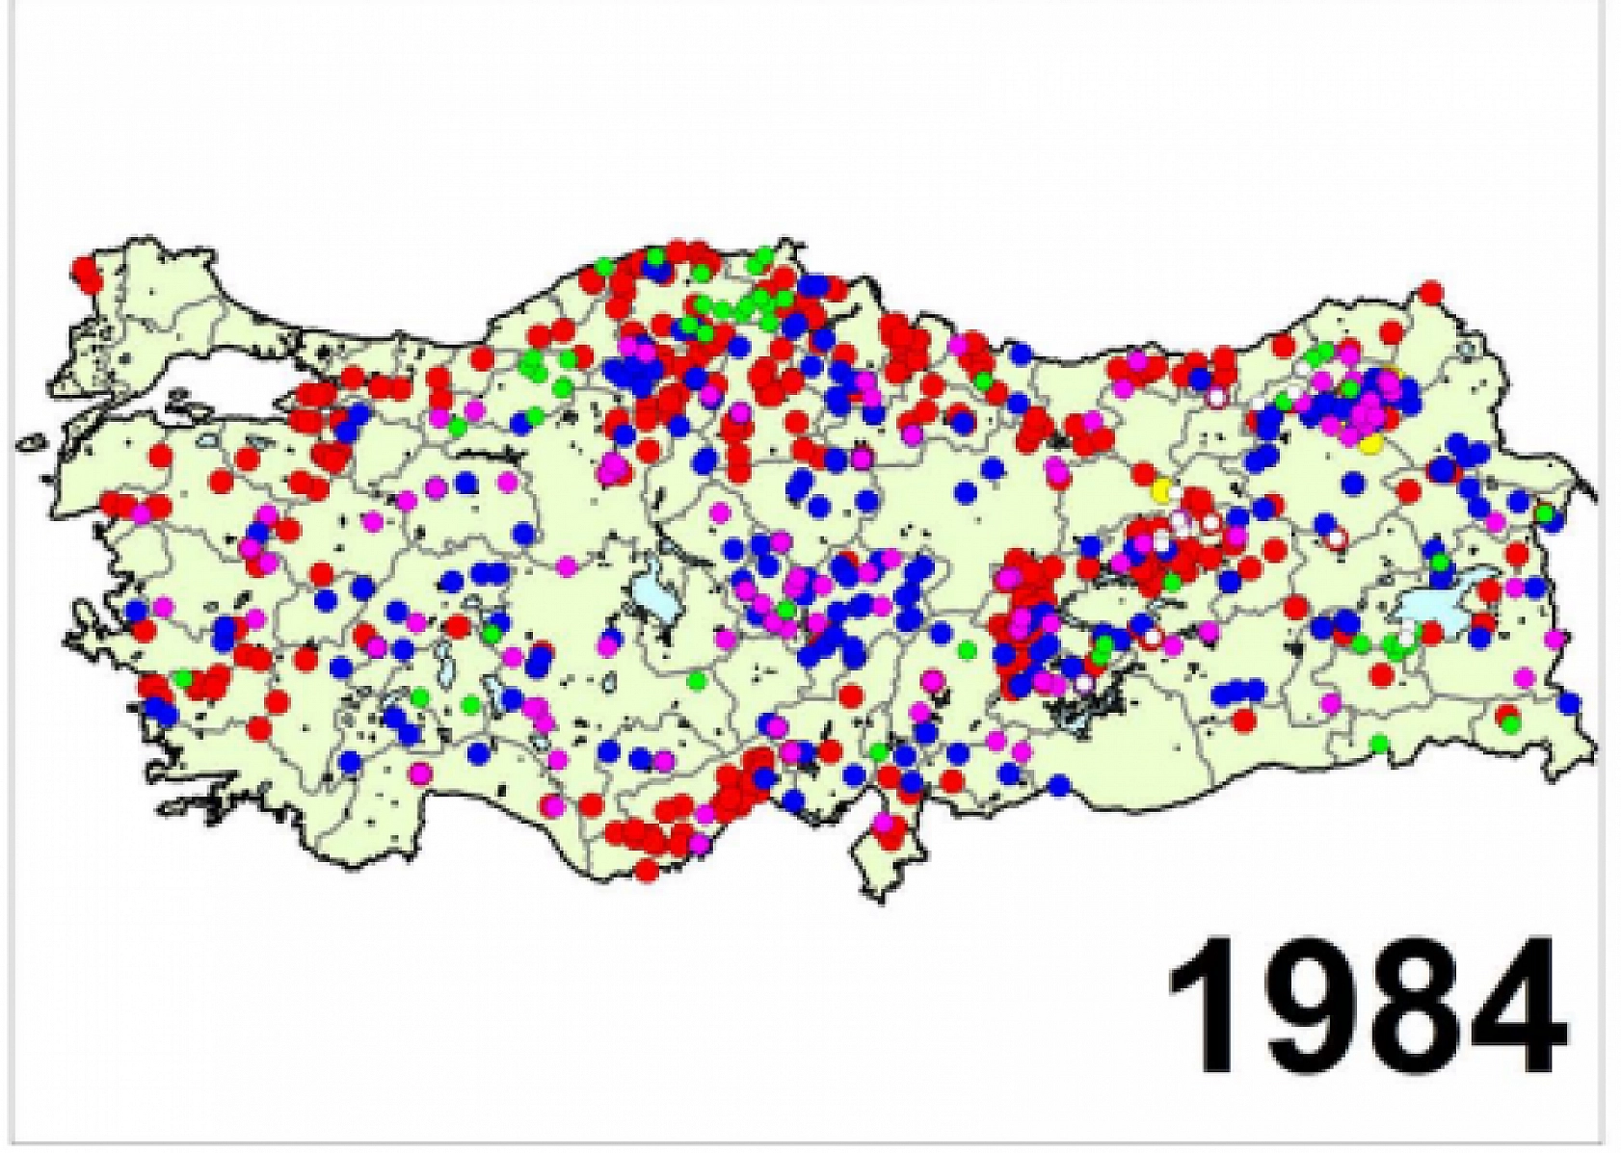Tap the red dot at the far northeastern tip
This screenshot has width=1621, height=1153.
point(1431,291)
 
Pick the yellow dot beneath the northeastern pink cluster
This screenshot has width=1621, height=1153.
point(1370,442)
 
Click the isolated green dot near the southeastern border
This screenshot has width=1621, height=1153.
point(1379,743)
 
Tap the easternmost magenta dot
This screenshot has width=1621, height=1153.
point(1555,638)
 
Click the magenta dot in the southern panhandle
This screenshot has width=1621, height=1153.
point(884,823)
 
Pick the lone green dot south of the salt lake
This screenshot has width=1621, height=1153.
point(697,681)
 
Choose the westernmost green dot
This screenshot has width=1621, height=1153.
point(182,678)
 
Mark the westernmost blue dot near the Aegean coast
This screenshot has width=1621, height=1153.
point(135,610)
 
